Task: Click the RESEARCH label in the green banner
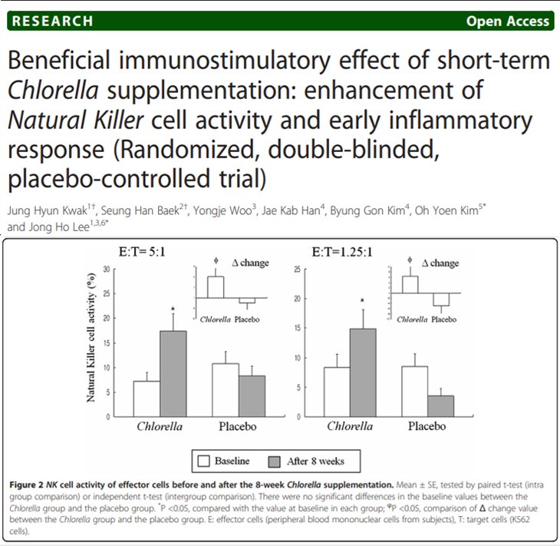[x=51, y=21]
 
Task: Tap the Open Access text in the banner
[x=508, y=21]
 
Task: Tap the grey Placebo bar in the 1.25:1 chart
[x=440, y=405]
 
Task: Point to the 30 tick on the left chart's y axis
[x=114, y=270]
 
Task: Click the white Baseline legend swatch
[x=203, y=461]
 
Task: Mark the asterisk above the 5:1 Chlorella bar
[x=173, y=309]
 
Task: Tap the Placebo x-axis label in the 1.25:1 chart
[x=427, y=426]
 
